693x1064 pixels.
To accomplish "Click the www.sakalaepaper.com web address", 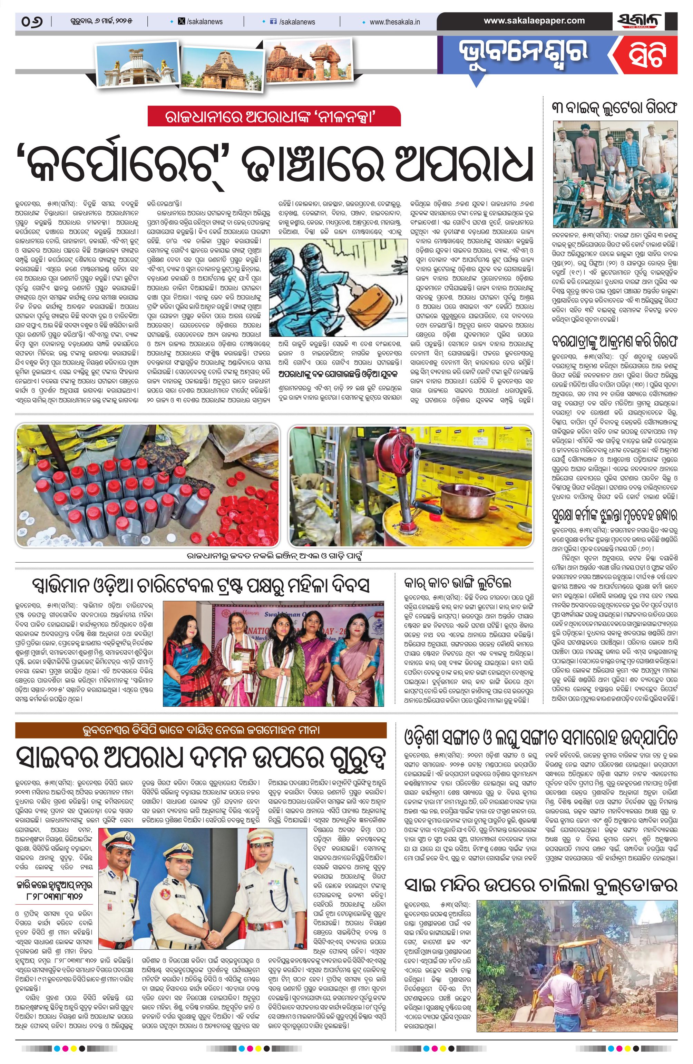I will pyautogui.click(x=534, y=21).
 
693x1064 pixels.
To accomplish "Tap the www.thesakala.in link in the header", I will pyautogui.click(x=394, y=21).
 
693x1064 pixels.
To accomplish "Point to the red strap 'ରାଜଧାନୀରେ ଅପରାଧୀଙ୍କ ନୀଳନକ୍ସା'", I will pyautogui.click(x=274, y=116).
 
